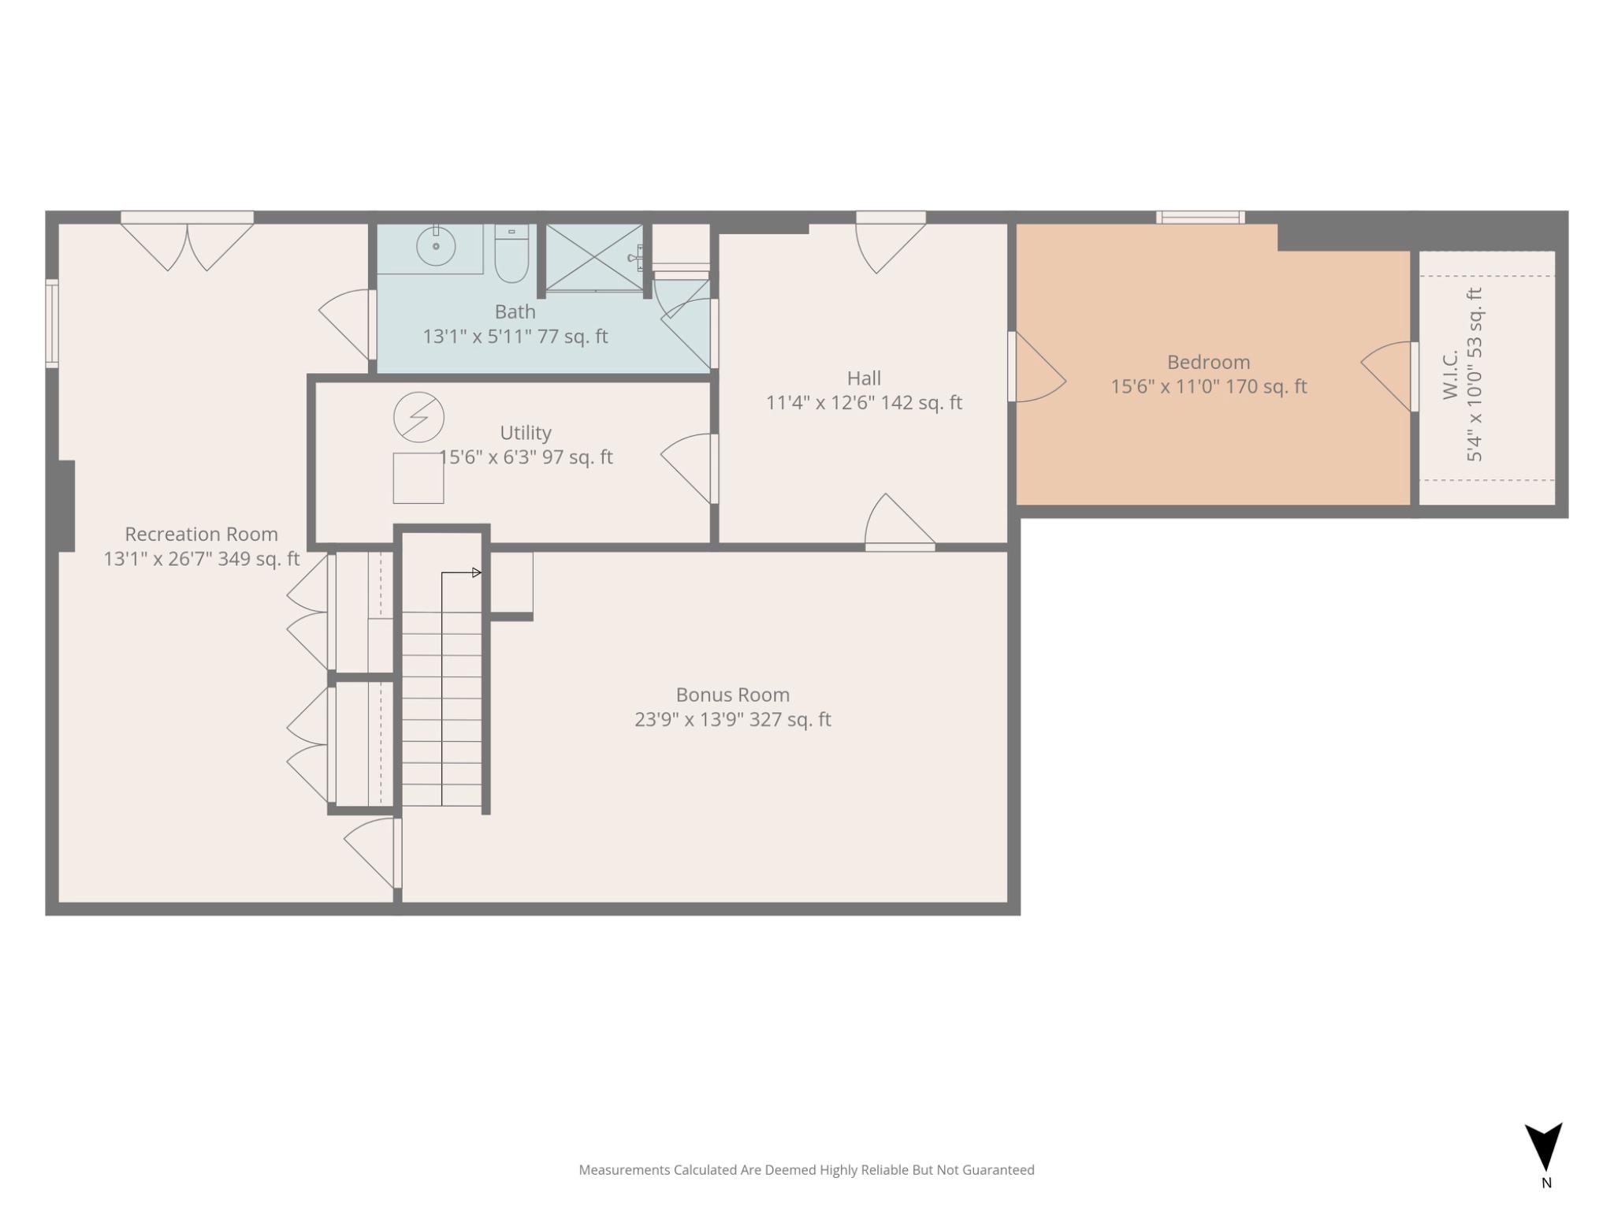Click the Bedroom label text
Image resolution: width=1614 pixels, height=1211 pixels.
click(1208, 363)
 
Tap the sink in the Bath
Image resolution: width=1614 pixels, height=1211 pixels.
click(435, 246)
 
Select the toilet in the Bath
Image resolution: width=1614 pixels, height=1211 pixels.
click(511, 254)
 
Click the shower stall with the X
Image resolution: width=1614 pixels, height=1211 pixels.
click(594, 257)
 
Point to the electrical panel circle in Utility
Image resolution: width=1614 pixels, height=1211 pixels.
click(418, 416)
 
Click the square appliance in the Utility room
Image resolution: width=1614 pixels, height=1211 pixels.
click(418, 478)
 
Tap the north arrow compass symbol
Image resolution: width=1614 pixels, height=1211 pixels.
click(1543, 1148)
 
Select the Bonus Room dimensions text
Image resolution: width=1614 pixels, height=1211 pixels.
click(732, 720)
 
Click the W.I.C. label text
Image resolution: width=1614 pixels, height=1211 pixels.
click(1451, 375)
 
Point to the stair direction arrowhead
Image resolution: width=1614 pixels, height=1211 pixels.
click(477, 572)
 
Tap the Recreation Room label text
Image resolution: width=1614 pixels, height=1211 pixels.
click(201, 535)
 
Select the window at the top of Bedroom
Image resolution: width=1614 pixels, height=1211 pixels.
click(1199, 218)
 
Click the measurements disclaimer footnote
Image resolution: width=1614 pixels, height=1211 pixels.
click(806, 1170)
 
